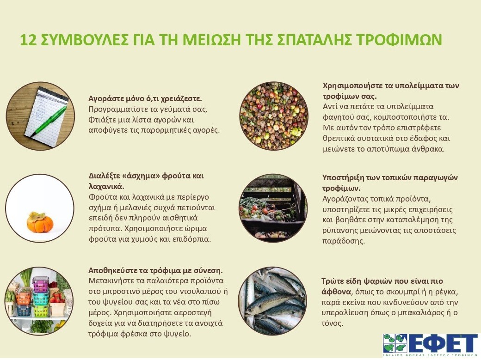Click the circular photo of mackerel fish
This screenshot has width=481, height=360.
[x=273, y=300]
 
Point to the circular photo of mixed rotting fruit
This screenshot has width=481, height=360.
[x=273, y=116]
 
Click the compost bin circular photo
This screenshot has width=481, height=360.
[x=273, y=207]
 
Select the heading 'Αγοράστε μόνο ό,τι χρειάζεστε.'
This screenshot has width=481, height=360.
[x=145, y=99]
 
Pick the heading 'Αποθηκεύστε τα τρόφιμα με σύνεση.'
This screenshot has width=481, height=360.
[x=155, y=270]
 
